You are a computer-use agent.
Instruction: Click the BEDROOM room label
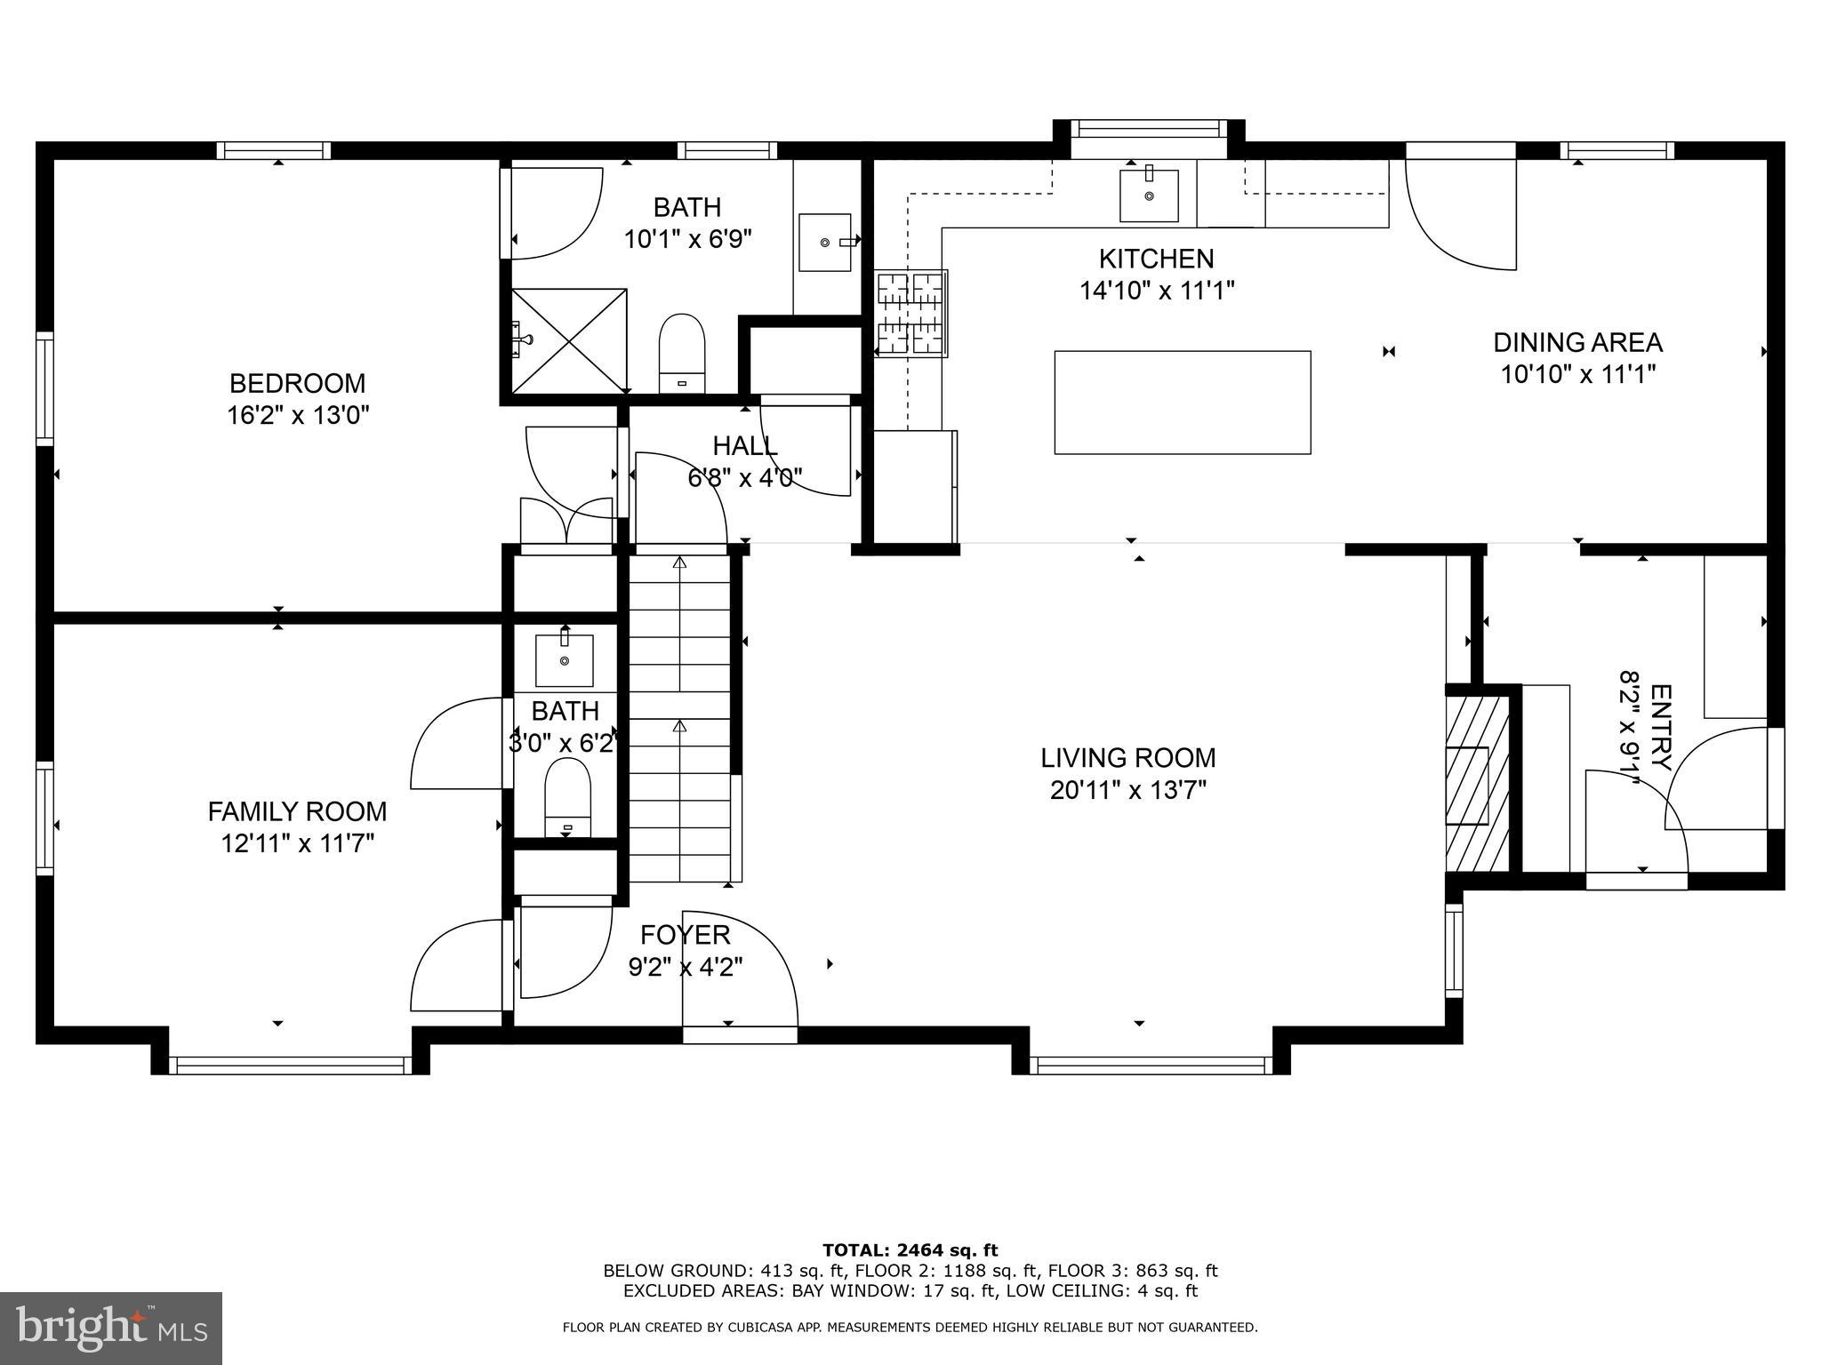(297, 383)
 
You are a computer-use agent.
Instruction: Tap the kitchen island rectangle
(1182, 403)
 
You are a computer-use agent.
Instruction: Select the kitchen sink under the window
(1149, 195)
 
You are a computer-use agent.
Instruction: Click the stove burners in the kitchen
(910, 314)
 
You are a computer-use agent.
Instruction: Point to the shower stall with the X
(569, 339)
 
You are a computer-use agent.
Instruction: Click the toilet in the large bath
(682, 353)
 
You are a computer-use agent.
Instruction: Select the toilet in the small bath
(567, 797)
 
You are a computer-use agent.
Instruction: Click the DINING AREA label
(1577, 342)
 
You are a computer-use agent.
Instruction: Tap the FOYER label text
(685, 934)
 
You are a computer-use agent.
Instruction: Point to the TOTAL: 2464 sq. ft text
(910, 1250)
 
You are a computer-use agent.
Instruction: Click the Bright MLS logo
(111, 1328)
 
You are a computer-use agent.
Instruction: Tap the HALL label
(744, 445)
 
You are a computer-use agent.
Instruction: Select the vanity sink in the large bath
(825, 241)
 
